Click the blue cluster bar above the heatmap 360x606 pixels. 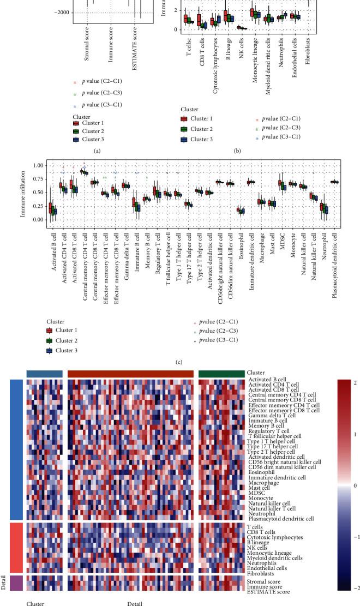coord(44,373)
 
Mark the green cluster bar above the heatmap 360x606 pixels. coord(221,373)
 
